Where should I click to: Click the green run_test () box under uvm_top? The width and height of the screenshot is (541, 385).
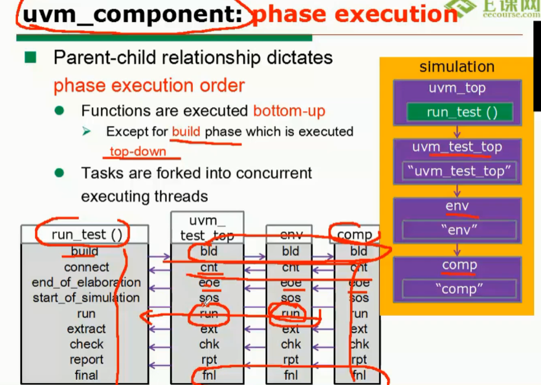coord(462,112)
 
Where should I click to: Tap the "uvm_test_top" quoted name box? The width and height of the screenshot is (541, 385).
coord(457,172)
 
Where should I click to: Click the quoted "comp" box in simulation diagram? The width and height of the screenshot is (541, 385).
coord(459,289)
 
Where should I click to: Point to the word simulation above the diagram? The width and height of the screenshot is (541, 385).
coord(457,67)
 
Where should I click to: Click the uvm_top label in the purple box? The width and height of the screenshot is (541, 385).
coord(457,88)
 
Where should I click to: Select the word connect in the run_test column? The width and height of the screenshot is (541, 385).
coord(87,267)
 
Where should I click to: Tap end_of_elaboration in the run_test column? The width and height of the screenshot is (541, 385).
coord(86,282)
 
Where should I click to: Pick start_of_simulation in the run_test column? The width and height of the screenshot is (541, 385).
coord(86,298)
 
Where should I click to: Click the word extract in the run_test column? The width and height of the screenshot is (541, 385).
coord(86,329)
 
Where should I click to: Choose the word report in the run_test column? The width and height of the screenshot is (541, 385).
coord(86,360)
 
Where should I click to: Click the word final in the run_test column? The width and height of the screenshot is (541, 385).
coord(86,375)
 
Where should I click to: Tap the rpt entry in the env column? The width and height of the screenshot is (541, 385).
coord(291,360)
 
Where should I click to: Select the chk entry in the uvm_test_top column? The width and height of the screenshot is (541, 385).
coord(209,344)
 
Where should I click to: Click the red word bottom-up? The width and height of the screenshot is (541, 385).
coord(289,111)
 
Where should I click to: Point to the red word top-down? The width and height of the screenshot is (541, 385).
coord(138,152)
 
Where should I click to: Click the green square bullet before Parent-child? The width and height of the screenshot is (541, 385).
coord(30,58)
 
